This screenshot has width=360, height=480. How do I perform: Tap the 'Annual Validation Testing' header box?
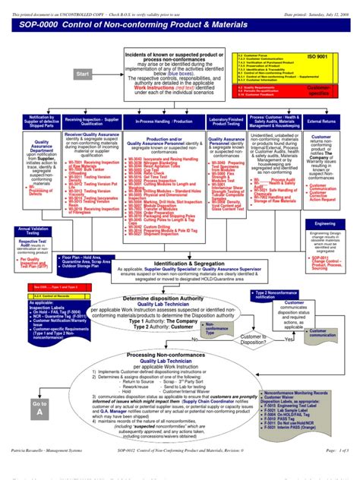coord(32,230)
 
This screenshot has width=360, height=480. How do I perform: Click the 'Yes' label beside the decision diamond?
coord(289,339)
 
